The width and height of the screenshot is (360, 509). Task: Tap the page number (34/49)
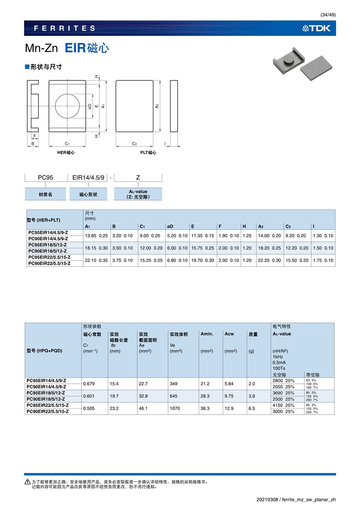328,15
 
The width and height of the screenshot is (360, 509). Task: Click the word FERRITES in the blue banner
64,28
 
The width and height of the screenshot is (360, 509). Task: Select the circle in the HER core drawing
67,106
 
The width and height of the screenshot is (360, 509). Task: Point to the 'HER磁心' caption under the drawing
66,153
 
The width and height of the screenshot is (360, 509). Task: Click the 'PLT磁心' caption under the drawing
148,153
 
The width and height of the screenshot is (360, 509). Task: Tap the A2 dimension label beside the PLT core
157,106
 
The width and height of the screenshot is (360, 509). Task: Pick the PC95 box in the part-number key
46,178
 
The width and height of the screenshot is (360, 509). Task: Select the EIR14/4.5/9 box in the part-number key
88,178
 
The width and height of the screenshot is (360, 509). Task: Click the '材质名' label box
46,194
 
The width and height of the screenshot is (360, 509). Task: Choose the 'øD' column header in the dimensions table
170,226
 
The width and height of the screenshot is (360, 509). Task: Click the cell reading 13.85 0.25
96,236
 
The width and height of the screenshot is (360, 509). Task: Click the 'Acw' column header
229,334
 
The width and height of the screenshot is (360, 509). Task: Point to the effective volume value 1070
174,408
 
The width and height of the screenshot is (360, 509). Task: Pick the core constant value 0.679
89,383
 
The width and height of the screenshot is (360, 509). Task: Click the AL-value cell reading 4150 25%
283,405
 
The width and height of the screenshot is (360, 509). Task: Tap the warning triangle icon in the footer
27,481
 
